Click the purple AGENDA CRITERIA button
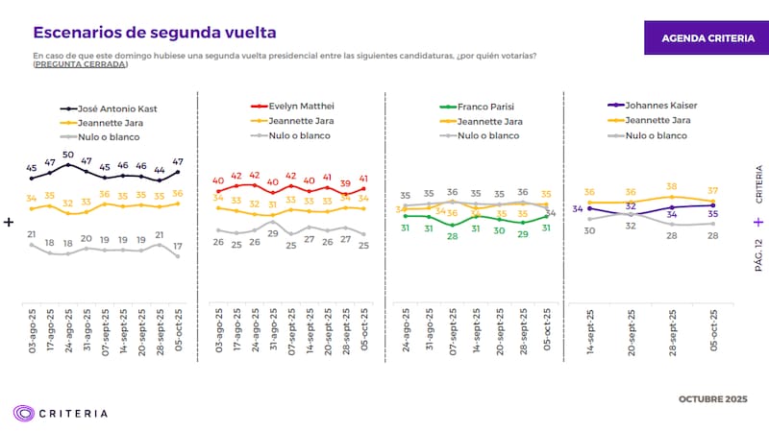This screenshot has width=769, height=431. (x=705, y=37)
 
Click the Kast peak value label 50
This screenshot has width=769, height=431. (x=68, y=155)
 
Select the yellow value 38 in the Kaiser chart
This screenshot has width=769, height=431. (x=672, y=187)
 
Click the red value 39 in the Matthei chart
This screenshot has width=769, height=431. (x=345, y=182)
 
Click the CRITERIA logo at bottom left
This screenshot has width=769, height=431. (x=60, y=413)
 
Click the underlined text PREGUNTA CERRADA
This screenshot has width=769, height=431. (x=80, y=64)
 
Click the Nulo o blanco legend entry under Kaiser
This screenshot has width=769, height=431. (x=658, y=135)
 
